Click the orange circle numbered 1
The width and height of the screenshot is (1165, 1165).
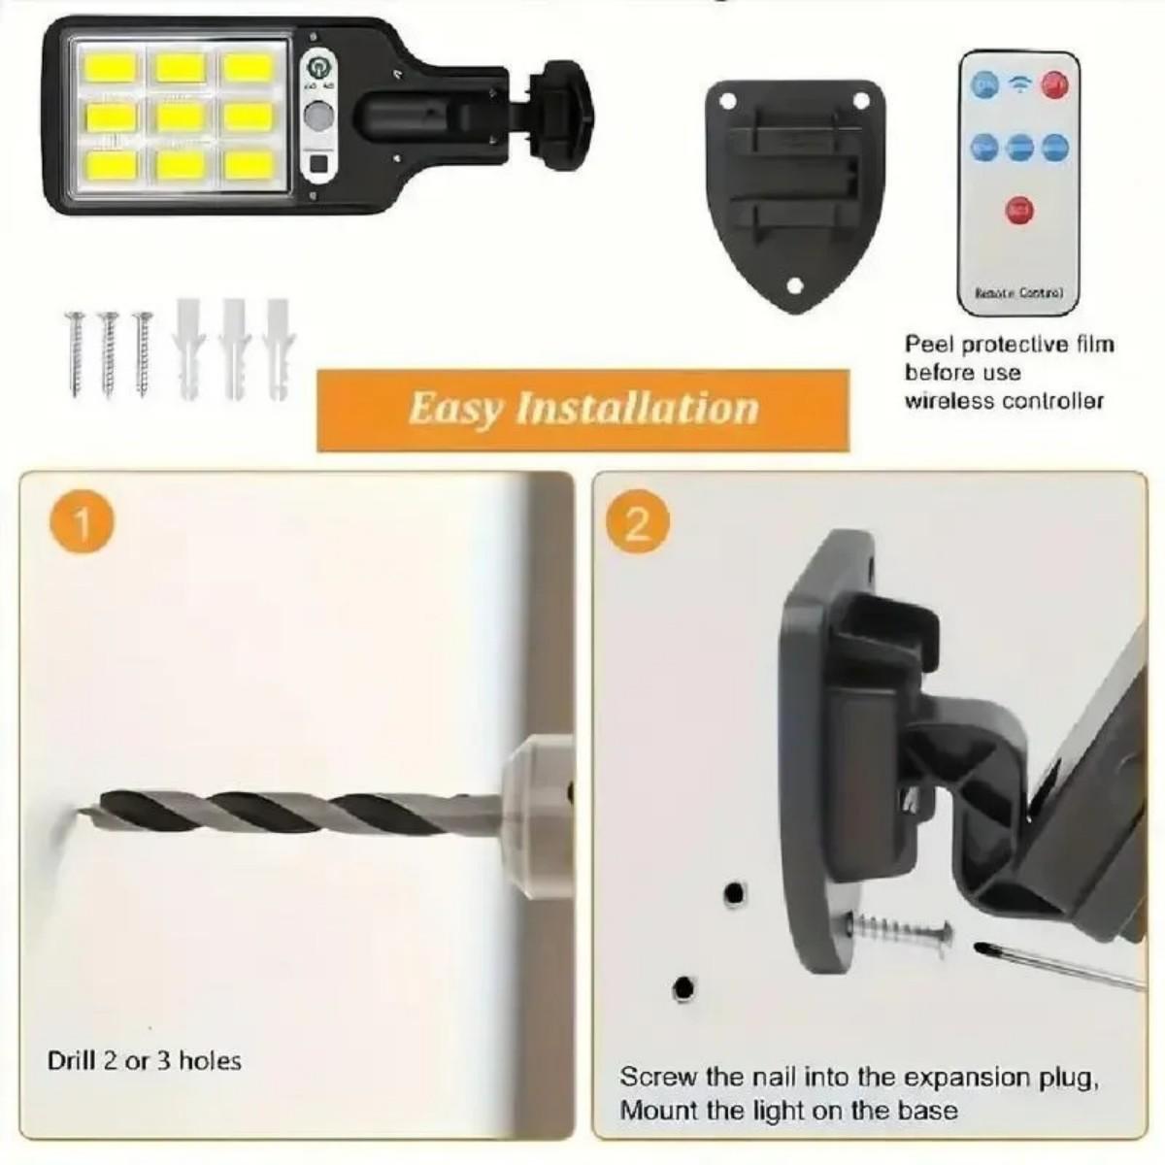(x=82, y=524)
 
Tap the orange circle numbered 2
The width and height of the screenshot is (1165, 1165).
(x=638, y=524)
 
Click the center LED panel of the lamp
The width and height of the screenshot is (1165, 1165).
(x=177, y=118)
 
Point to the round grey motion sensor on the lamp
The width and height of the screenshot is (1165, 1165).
(x=316, y=118)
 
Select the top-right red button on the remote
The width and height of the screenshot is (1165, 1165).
(x=1054, y=85)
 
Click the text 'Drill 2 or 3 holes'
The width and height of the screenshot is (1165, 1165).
(x=144, y=1061)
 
